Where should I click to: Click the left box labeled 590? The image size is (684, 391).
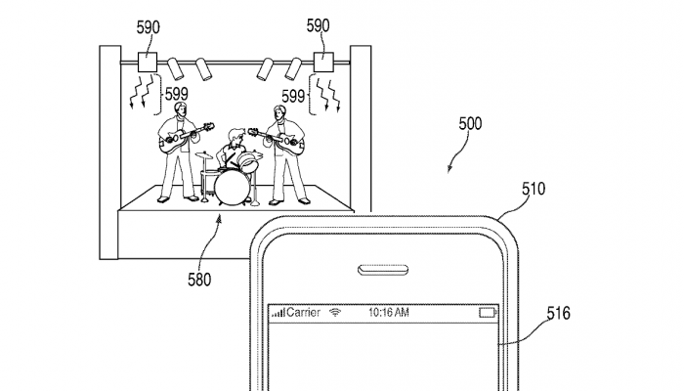(148, 63)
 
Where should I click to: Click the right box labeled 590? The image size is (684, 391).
(323, 63)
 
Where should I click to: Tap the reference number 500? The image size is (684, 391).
(470, 124)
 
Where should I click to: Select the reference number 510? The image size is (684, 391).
(534, 189)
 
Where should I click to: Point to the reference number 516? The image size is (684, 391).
(559, 314)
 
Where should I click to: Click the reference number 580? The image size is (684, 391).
(199, 280)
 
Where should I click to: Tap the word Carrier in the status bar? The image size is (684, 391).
(304, 313)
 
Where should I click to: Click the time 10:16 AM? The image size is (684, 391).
(389, 313)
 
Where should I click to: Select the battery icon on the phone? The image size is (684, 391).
(488, 313)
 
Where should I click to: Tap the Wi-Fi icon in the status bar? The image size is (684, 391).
(335, 313)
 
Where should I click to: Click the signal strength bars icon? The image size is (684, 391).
(278, 313)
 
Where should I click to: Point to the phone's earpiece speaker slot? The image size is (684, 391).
(383, 270)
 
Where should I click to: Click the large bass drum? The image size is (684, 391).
(233, 188)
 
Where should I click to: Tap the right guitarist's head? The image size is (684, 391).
(278, 113)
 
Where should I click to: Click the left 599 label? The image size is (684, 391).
(176, 94)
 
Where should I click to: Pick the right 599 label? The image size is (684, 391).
(293, 97)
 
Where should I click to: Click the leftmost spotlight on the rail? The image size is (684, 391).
(175, 69)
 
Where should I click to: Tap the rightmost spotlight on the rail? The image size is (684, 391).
(293, 69)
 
